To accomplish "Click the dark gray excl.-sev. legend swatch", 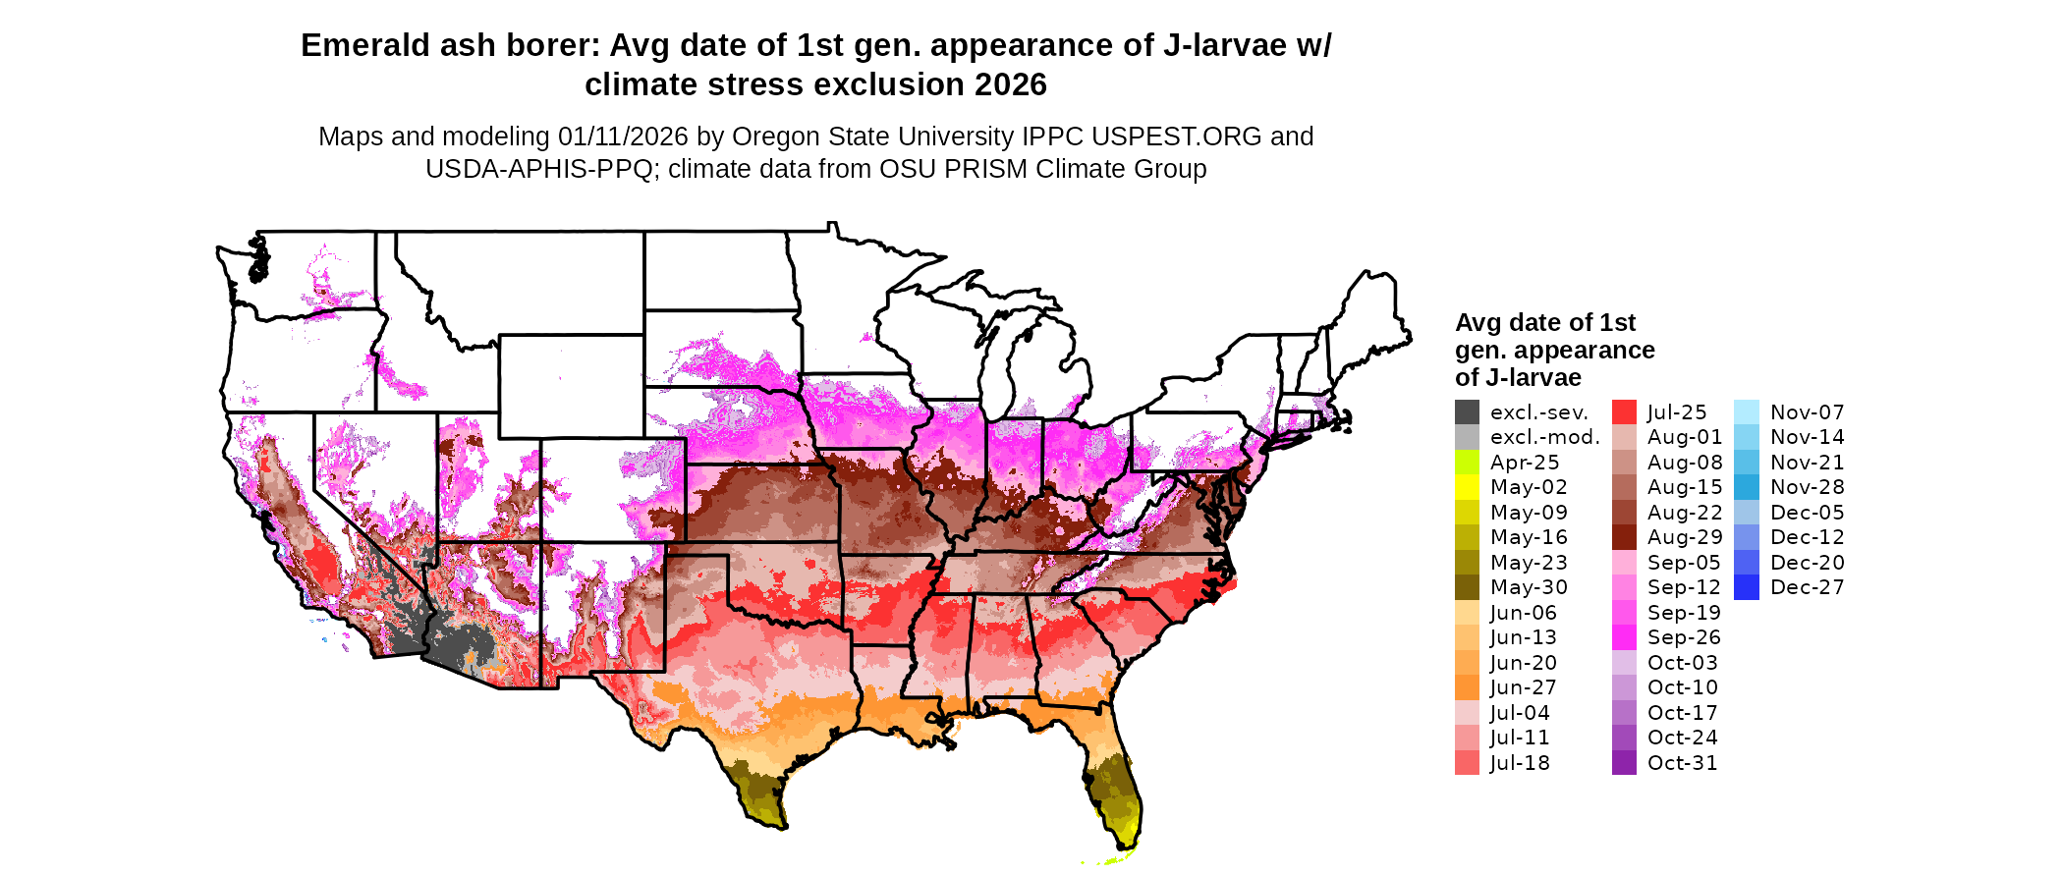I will tap(1467, 412).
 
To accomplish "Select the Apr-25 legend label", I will tap(1524, 463).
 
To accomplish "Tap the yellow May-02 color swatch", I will tap(1467, 487).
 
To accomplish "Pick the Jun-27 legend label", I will tap(1523, 687).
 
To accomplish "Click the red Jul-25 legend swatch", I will tap(1624, 412).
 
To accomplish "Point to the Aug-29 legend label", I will tap(1684, 537).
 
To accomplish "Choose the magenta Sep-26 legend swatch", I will tap(1624, 637).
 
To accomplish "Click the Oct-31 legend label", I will tap(1682, 763).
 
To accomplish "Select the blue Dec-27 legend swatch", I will tap(1747, 587).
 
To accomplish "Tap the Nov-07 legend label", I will tap(1807, 412).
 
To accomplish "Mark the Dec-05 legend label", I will tap(1807, 513).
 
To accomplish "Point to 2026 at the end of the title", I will tap(1011, 84).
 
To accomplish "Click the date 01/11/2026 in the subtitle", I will tap(623, 137).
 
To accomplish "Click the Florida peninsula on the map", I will tap(1115, 786).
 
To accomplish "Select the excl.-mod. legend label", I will tap(1544, 437).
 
